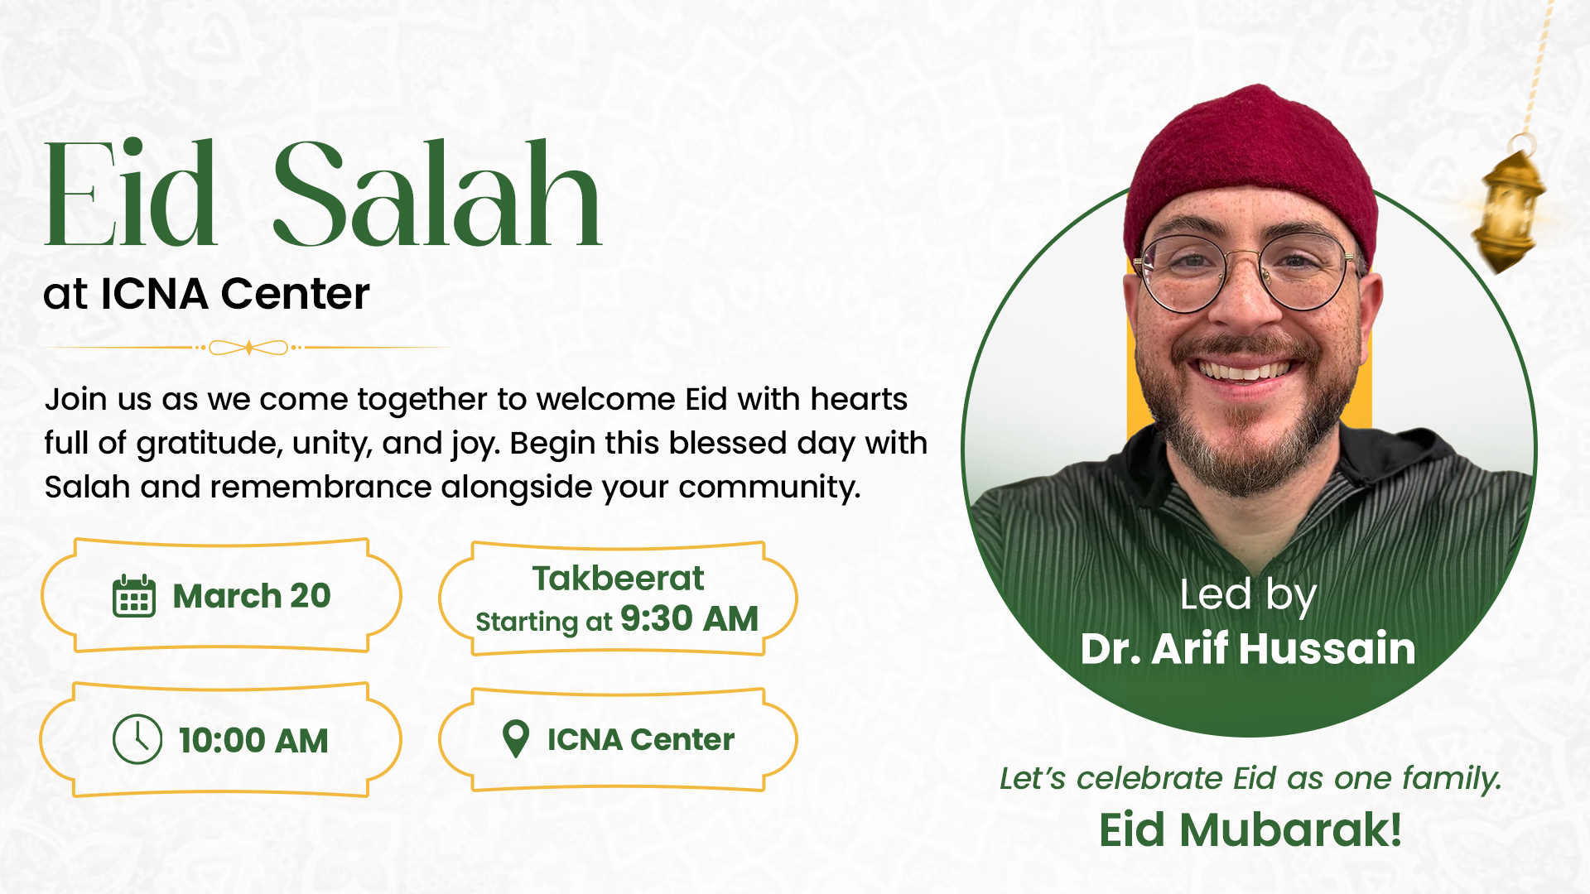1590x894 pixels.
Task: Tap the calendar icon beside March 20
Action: coord(134,595)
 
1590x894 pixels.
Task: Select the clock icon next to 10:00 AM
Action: coord(137,739)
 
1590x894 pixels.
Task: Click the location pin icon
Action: coord(516,738)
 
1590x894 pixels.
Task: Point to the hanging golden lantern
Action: coord(1507,207)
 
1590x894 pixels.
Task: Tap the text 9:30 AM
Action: coord(689,618)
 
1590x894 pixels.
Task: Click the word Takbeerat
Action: coord(618,578)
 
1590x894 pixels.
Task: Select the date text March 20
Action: coord(252,596)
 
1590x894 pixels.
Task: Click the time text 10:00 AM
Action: coord(253,740)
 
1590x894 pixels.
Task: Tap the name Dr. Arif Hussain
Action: coord(1248,648)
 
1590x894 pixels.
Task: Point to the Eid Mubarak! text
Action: coord(1250,830)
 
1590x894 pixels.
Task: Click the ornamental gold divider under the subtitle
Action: coord(248,348)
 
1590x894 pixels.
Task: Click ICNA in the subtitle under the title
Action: coord(154,294)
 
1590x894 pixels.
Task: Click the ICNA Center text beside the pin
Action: coord(641,739)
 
